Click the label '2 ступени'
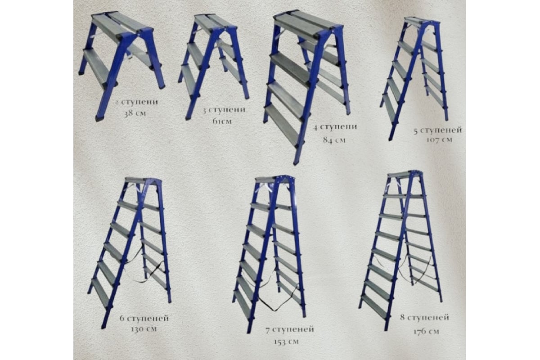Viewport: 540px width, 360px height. pos(136,102)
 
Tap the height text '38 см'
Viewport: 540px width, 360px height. pos(135,113)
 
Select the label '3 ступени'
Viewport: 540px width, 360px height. pos(224,110)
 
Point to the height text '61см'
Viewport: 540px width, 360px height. pos(222,121)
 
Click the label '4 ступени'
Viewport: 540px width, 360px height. pos(335,127)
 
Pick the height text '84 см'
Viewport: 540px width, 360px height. pos(334,140)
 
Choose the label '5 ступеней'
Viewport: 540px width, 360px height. pos(438,130)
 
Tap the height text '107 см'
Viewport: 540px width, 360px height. pos(439,139)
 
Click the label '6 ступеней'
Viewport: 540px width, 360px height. pos(144,318)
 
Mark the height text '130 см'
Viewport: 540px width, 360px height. pos(144,329)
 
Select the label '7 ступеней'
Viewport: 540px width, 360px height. pos(290,329)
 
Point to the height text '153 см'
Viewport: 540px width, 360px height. pos(286,342)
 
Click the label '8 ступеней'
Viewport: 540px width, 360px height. pos(424,317)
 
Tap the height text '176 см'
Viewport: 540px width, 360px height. pos(426,331)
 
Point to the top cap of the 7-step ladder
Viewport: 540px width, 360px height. pos(275,179)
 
